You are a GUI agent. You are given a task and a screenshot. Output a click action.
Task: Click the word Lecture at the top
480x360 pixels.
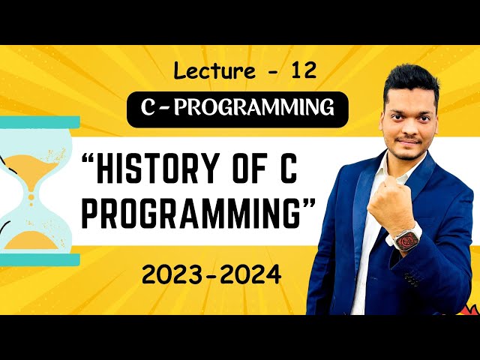coord(210,71)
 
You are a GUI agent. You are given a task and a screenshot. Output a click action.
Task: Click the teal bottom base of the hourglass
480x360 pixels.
coord(37,259)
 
